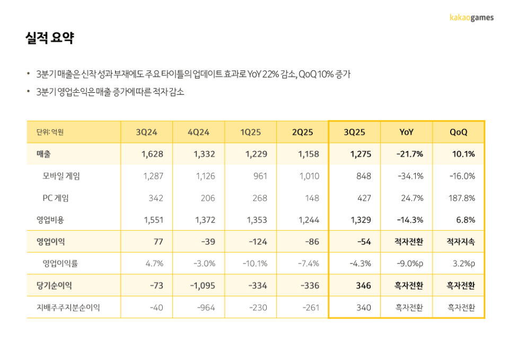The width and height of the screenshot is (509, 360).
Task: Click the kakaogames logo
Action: coord(471,17)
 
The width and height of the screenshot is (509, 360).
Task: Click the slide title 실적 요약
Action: coord(49,38)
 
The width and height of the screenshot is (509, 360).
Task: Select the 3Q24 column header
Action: coord(146,133)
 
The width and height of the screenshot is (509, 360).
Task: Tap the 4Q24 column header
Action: coord(198,133)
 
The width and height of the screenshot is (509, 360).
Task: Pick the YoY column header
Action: coord(406,133)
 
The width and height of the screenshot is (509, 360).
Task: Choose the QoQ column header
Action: coord(458,133)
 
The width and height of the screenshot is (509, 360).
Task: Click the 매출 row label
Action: coord(43,154)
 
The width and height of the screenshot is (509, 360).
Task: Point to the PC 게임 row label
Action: coord(56,198)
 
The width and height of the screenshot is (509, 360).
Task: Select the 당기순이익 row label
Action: coord(54,286)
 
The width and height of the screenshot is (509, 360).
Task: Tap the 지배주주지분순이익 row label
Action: coord(68,308)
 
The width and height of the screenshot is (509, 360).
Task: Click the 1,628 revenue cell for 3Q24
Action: coord(152,154)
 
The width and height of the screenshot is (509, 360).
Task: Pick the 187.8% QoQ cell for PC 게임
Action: coord(461,198)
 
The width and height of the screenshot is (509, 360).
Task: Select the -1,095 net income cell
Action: coord(203,286)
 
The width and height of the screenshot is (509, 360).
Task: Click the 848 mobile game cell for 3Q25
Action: coord(364,176)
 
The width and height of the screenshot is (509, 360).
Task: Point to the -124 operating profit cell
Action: coord(257,242)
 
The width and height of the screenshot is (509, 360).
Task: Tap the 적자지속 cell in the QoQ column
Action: coord(461,242)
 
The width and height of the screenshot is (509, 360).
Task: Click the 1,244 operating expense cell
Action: coord(309,219)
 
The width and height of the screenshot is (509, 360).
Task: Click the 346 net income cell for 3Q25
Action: coord(363,286)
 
